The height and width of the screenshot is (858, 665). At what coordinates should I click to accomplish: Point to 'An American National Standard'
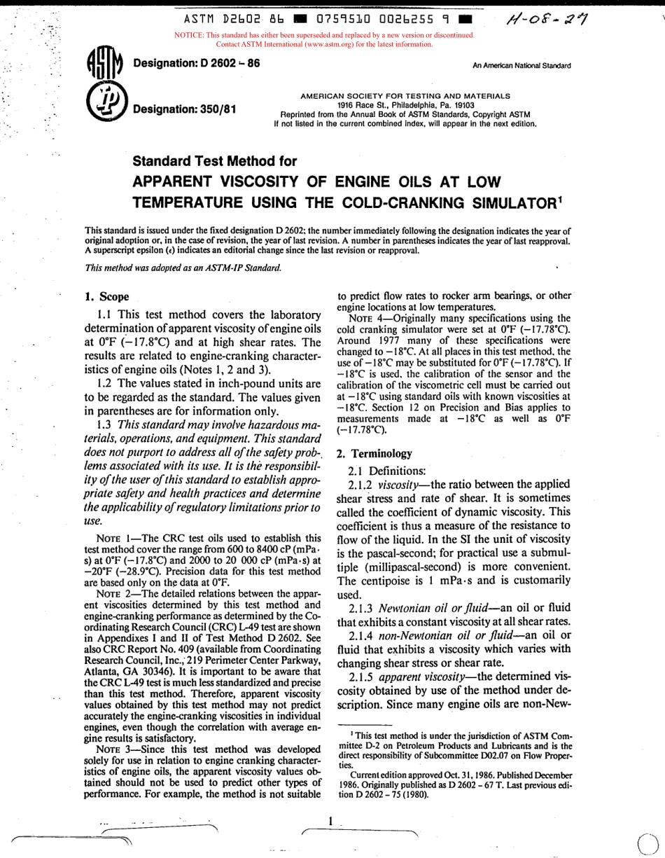[x=521, y=66]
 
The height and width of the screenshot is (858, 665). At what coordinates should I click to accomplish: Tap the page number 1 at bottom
[x=329, y=820]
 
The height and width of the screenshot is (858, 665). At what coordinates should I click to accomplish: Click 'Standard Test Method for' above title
[x=215, y=161]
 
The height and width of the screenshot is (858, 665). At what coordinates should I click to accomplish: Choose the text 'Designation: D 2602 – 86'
[x=196, y=63]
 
